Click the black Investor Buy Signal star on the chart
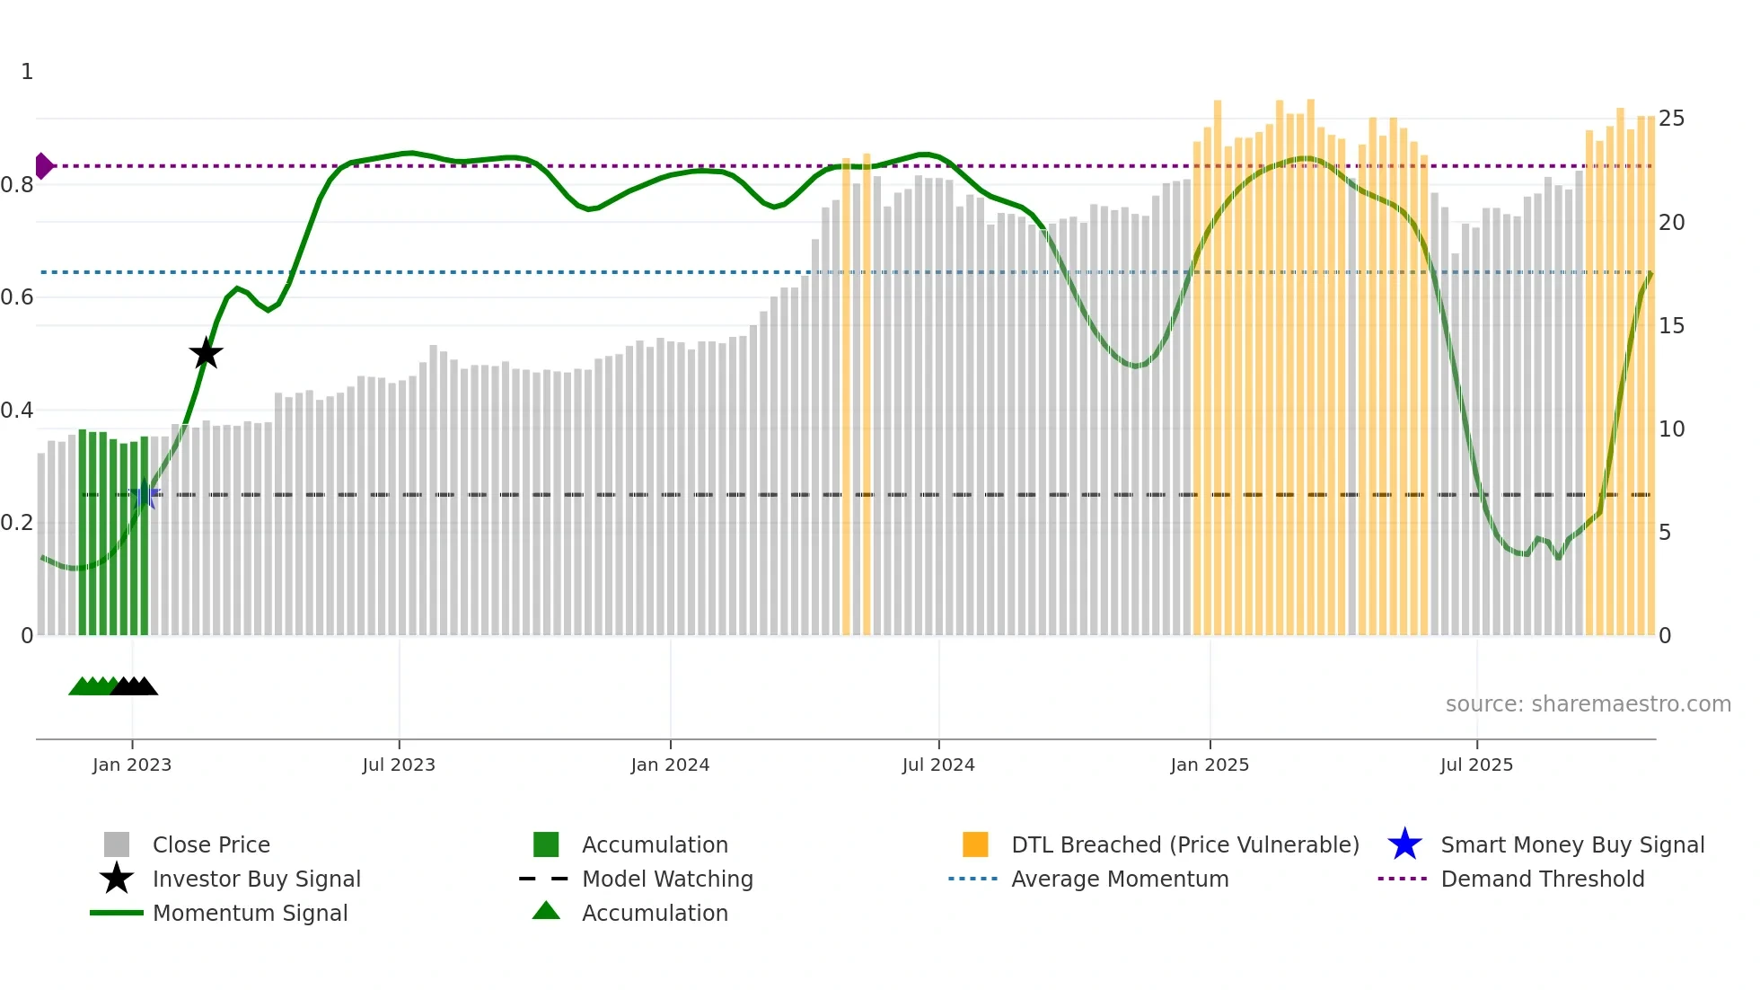click(x=206, y=353)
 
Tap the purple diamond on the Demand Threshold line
click(x=43, y=166)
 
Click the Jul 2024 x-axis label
click(x=938, y=765)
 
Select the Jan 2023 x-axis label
click(x=132, y=765)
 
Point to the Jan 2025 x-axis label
click(x=1210, y=765)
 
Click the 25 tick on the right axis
click(x=1671, y=119)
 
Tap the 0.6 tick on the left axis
click(x=18, y=297)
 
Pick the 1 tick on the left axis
click(x=27, y=72)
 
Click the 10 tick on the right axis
click(x=1671, y=429)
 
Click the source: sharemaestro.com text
click(x=1588, y=704)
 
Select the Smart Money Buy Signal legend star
click(x=1404, y=844)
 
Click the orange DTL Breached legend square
click(x=975, y=844)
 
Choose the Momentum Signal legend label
click(x=250, y=913)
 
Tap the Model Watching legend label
click(x=667, y=879)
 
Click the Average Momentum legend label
click(x=1120, y=879)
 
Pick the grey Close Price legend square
click(x=117, y=844)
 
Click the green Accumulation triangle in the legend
click(x=546, y=911)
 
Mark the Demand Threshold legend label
click(x=1542, y=879)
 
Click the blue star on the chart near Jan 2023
click(x=145, y=494)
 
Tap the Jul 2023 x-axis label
click(x=399, y=765)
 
